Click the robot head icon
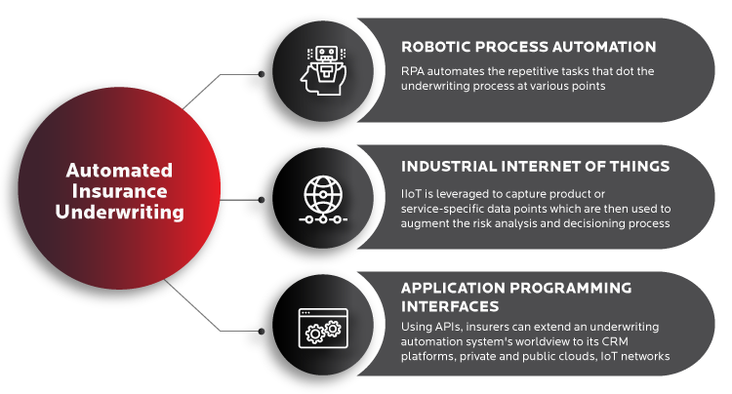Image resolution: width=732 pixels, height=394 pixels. pos(323,70)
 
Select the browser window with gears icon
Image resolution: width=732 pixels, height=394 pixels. pos(323,329)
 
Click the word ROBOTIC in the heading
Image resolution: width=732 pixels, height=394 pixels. pos(430,47)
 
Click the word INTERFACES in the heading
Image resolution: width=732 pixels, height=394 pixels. pos(450,306)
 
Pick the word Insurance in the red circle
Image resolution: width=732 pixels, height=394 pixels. pos(119,191)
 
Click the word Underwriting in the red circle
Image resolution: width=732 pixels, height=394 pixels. pos(119,213)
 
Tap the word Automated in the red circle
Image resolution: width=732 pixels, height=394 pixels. pos(119,171)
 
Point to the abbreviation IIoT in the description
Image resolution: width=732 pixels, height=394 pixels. pos(410,194)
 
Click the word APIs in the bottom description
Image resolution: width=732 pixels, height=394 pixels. pos(449,327)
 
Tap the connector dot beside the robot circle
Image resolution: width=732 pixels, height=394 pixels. pos(262,74)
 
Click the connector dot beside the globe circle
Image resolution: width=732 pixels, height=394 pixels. pos(262,200)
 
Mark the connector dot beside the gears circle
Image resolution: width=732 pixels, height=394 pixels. pos(262,331)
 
